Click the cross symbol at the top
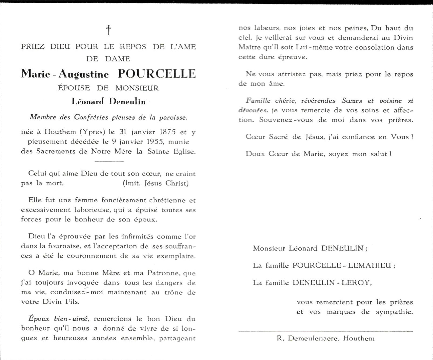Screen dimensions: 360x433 click(x=109, y=30)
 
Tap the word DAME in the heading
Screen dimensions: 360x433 click(x=118, y=59)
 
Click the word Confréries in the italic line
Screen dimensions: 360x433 click(x=91, y=117)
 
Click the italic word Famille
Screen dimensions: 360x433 click(x=258, y=101)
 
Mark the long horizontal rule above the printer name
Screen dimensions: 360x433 click(x=326, y=331)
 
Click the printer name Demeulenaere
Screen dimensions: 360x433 click(x=312, y=338)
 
